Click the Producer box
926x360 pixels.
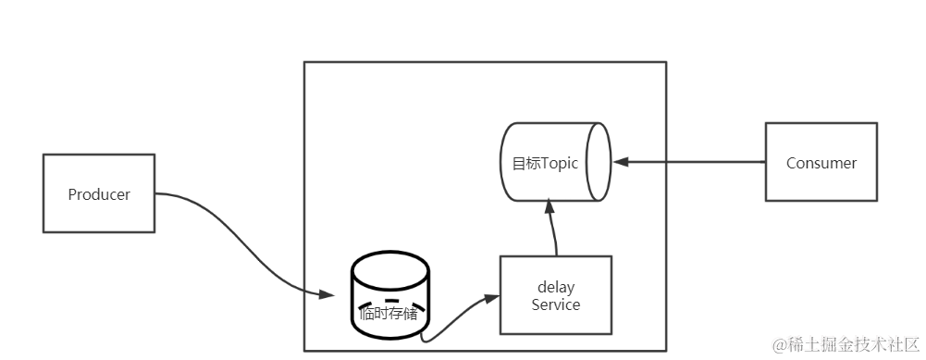(99, 194)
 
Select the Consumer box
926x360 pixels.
(821, 163)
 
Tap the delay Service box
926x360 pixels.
(555, 295)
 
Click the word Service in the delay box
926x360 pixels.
(555, 304)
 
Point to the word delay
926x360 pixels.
(556, 286)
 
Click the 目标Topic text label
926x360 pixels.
(545, 163)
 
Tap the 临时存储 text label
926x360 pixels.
(389, 314)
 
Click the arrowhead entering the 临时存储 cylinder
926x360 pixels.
(326, 295)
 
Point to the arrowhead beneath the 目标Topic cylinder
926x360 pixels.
(549, 210)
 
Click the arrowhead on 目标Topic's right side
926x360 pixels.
(621, 162)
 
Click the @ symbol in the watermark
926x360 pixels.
(779, 345)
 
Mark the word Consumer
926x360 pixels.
(821, 163)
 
